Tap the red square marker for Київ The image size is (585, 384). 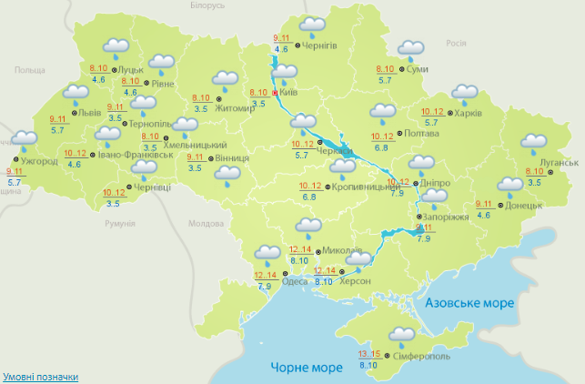pyautogui.click(x=276, y=92)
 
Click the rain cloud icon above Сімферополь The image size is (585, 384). pyautogui.click(x=400, y=336)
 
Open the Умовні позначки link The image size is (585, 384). pyautogui.click(x=40, y=376)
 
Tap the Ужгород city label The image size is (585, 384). pyautogui.click(x=39, y=161)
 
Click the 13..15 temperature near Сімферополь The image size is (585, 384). pyautogui.click(x=369, y=354)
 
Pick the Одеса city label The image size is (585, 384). pyautogui.click(x=295, y=280)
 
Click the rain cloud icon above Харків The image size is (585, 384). pyautogui.click(x=465, y=94)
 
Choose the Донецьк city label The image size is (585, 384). pyautogui.click(x=522, y=205)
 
